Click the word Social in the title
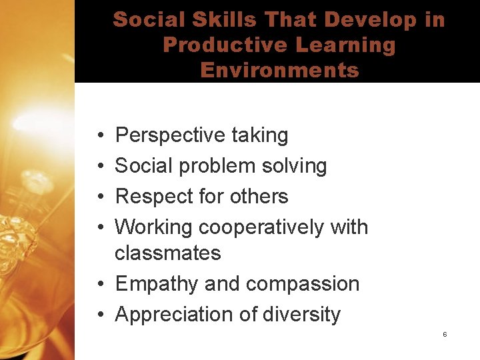coord(146,19)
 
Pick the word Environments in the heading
coord(279,70)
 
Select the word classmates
coord(168,253)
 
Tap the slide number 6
coord(445,334)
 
